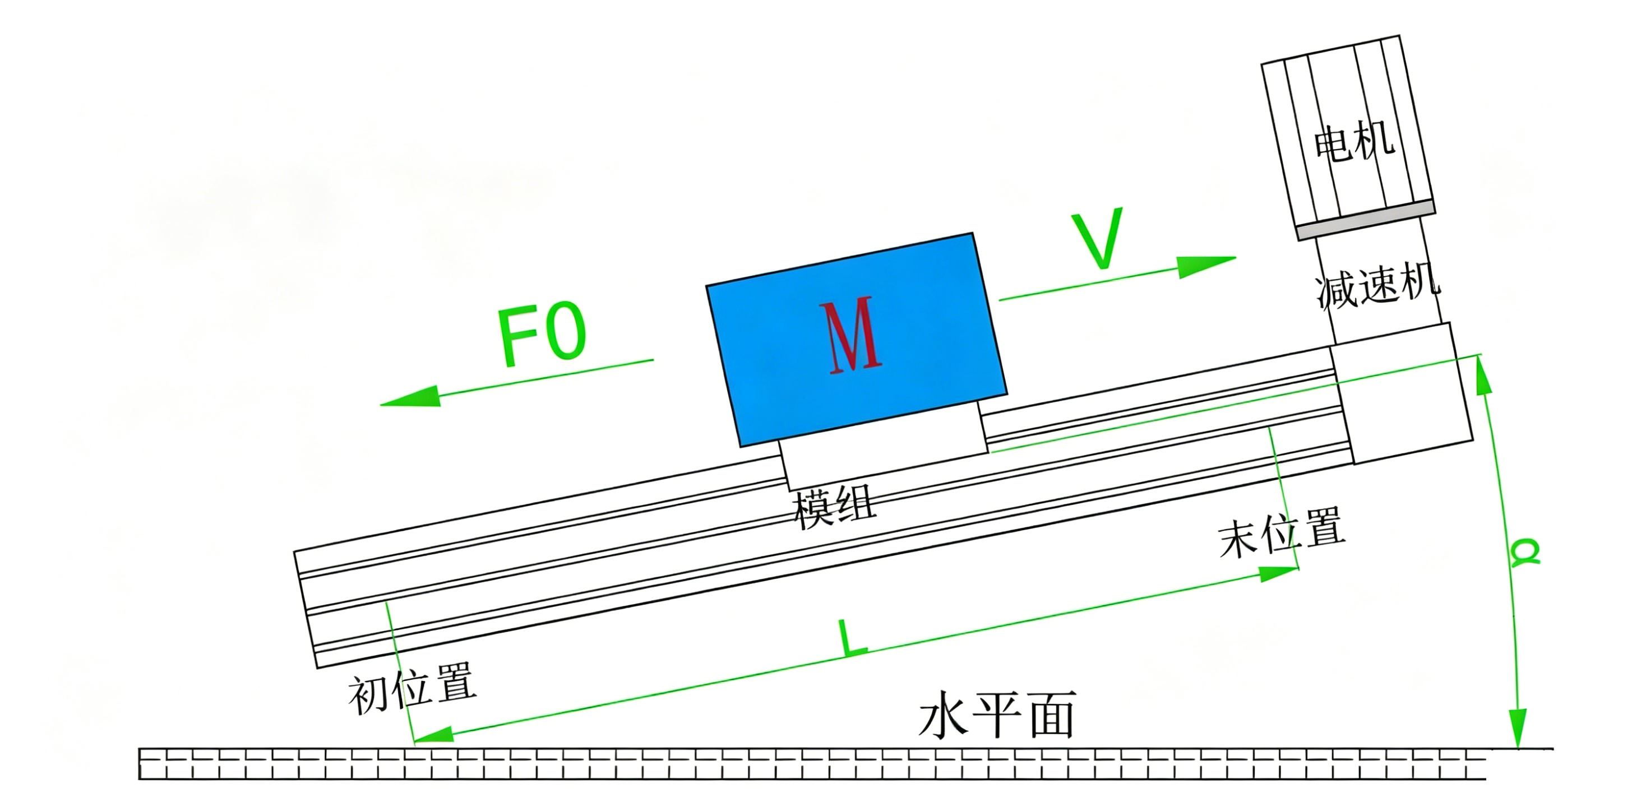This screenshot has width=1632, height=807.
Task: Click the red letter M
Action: pos(851,335)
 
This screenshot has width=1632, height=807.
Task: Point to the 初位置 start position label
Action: pos(413,688)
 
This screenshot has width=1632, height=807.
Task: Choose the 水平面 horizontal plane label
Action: pos(997,715)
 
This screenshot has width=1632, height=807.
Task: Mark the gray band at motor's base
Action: pos(1365,220)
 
